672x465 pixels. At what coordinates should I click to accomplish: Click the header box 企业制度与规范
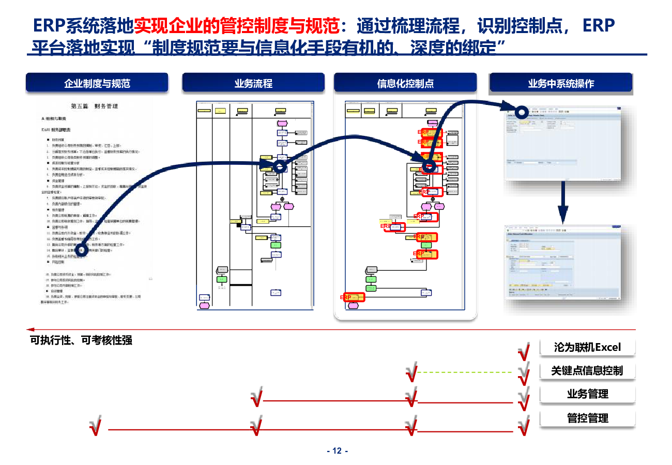(x=97, y=83)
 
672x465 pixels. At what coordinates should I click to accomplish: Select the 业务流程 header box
(x=253, y=83)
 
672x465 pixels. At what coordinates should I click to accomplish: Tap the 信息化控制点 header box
(x=405, y=83)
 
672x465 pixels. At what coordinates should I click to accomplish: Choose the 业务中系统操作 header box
(x=561, y=83)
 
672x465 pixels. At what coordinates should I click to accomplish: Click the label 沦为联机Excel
(x=587, y=347)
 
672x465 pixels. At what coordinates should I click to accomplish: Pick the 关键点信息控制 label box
(x=587, y=370)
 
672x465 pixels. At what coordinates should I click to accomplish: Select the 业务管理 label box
(x=587, y=394)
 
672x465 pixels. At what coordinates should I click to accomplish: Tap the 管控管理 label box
(x=587, y=418)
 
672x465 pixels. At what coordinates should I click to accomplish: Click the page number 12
(x=337, y=451)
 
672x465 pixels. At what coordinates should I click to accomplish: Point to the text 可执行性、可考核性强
(x=81, y=340)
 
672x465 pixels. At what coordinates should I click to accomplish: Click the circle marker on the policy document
(x=81, y=250)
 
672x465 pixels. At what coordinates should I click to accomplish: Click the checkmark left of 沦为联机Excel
(x=524, y=351)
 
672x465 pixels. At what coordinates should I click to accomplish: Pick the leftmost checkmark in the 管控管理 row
(x=95, y=427)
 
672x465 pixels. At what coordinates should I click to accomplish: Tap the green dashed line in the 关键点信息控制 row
(x=464, y=372)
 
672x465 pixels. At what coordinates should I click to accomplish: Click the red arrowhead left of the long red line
(x=30, y=329)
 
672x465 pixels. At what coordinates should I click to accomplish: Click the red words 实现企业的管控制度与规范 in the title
(x=237, y=25)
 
